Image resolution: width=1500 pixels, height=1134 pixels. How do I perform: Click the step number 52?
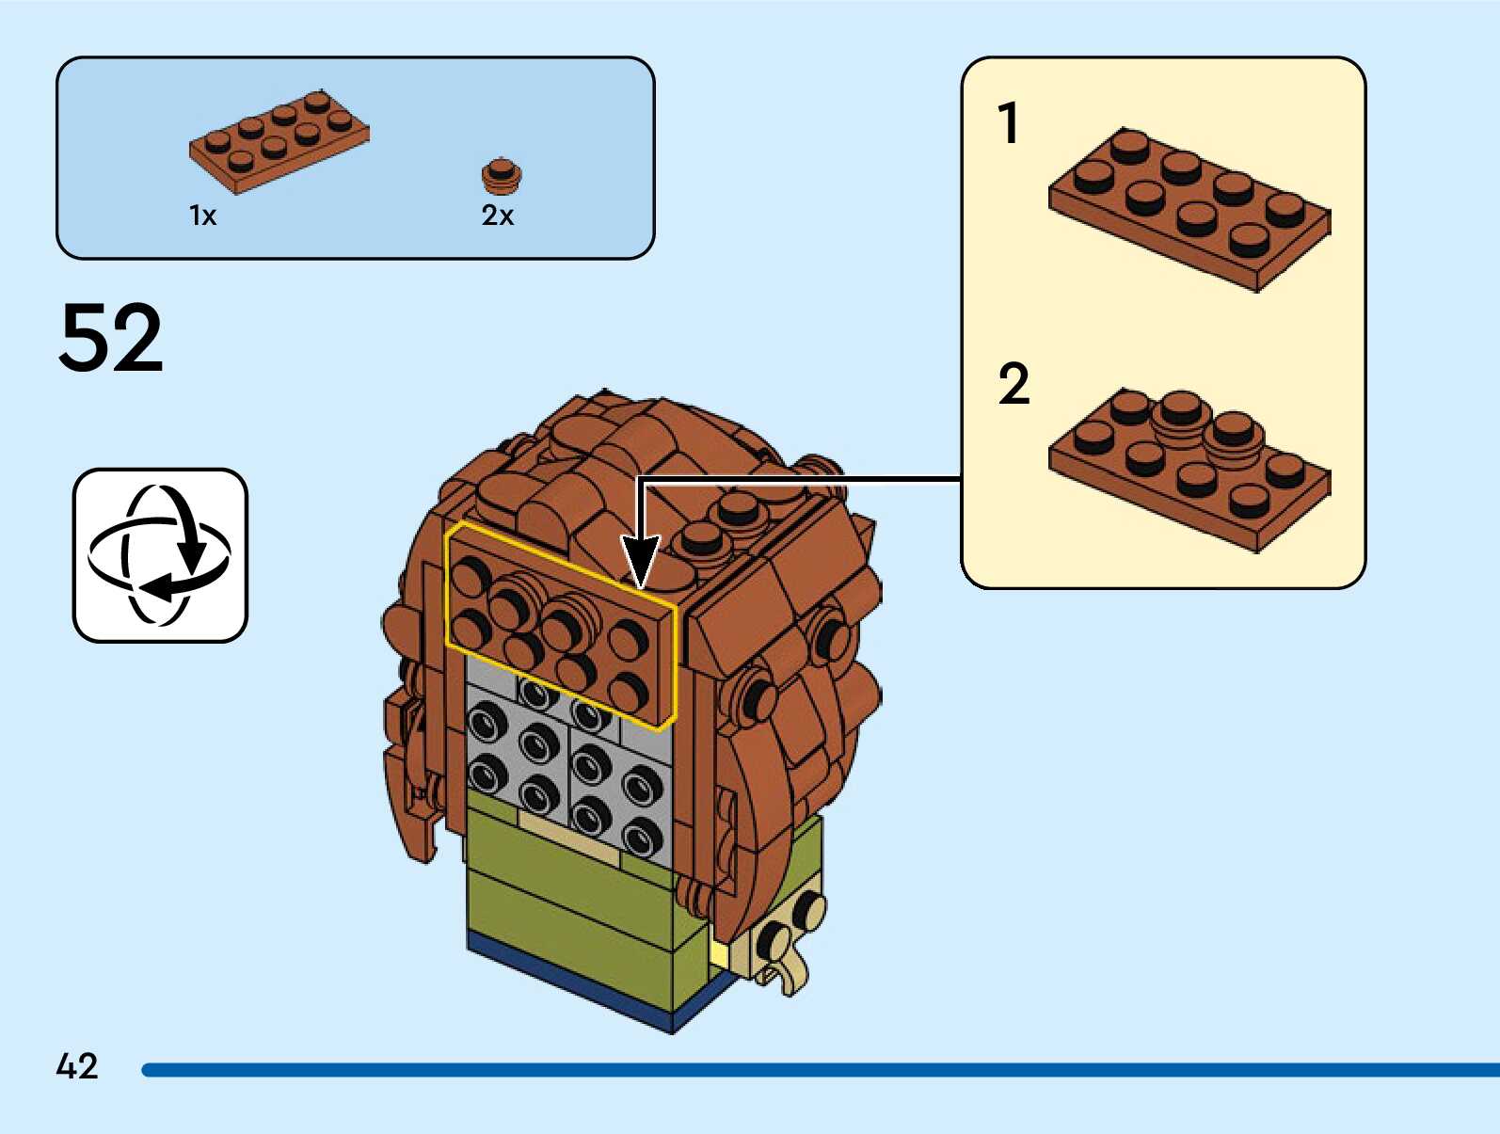click(x=111, y=338)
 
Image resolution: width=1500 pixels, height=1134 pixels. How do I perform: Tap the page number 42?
click(x=77, y=1066)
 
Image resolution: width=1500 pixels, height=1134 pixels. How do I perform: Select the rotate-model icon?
click(x=160, y=555)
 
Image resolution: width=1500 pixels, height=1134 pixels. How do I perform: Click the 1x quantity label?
click(x=202, y=216)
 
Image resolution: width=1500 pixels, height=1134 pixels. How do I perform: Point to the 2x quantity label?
click(x=497, y=216)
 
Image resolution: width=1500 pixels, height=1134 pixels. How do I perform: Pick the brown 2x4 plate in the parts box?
click(x=279, y=140)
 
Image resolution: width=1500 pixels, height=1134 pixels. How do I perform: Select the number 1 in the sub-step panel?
click(x=1009, y=123)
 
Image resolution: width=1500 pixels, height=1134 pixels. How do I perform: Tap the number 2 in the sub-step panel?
click(x=1013, y=384)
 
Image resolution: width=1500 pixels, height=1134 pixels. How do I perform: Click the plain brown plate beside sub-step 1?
click(x=1189, y=209)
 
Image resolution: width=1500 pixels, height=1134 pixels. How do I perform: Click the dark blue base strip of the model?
click(x=602, y=988)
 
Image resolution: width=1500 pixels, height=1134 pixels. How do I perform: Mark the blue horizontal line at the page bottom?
click(x=819, y=1070)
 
